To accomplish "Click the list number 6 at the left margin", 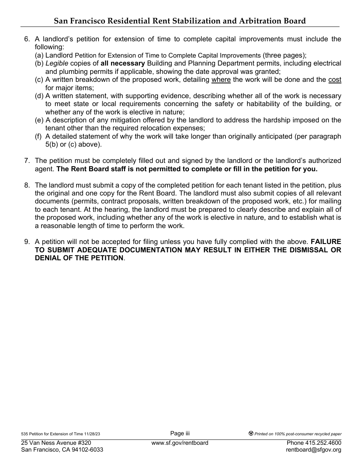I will [x=27, y=39].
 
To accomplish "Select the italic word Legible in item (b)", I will [x=57, y=63].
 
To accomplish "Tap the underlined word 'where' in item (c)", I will [x=221, y=80].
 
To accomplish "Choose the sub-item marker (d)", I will [x=39, y=96].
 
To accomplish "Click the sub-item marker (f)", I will [x=39, y=136].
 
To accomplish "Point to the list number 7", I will [x=27, y=161].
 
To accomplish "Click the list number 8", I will [x=27, y=185].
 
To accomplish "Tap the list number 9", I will [x=27, y=242].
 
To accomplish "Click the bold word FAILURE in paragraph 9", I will [x=326, y=242].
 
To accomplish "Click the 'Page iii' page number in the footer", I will [x=180, y=433].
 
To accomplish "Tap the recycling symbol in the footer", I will [x=251, y=434].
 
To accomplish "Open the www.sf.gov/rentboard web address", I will [x=180, y=443].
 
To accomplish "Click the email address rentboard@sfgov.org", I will [x=315, y=450].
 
